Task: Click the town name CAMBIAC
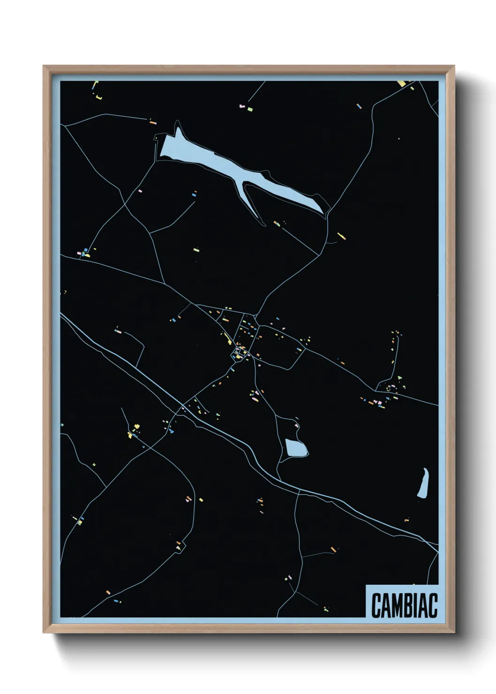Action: (404, 605)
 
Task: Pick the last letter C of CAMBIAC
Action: (433, 605)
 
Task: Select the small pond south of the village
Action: (296, 448)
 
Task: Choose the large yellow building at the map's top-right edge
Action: (402, 83)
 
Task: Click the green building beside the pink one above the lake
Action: (250, 109)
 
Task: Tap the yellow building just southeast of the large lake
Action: (341, 235)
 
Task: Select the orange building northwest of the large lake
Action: (152, 122)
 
